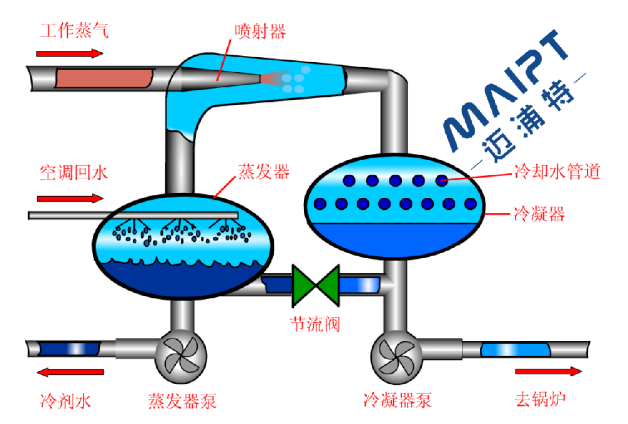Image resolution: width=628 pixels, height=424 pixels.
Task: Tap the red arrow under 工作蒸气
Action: [69, 53]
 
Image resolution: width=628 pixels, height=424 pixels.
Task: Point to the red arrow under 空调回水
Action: [69, 198]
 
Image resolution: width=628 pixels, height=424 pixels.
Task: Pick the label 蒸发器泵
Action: [182, 400]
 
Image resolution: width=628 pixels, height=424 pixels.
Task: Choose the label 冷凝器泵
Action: [398, 400]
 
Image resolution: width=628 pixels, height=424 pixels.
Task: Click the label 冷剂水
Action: [65, 400]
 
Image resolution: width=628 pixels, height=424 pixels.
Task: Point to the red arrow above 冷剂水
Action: [69, 372]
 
